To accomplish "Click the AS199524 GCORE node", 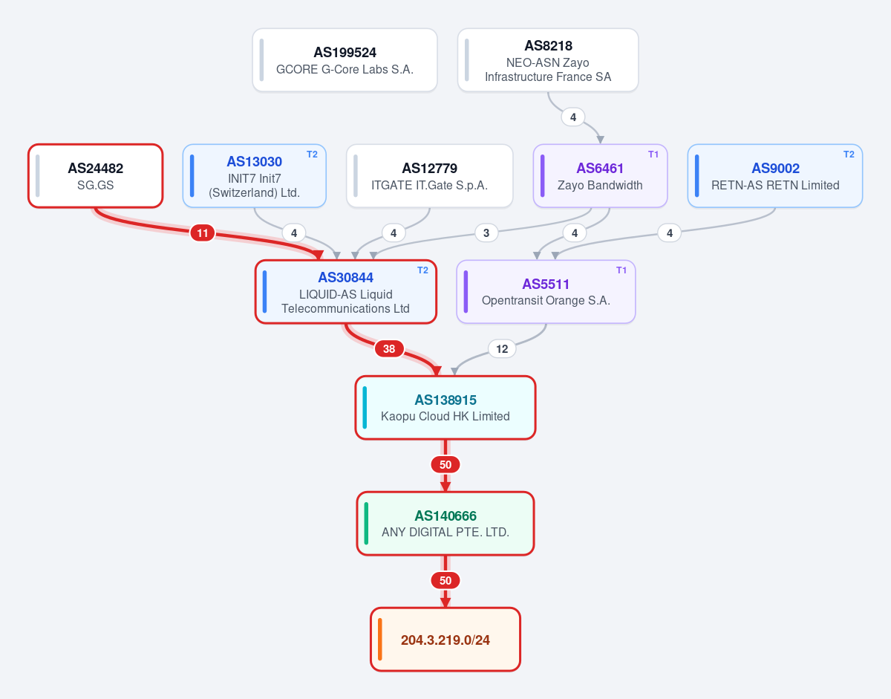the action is (345, 60).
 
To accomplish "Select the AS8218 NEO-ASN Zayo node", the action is (548, 60).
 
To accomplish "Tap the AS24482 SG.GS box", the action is (96, 176).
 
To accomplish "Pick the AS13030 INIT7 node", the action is (254, 176).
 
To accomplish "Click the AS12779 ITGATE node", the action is (429, 176).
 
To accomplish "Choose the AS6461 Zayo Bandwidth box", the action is (600, 176).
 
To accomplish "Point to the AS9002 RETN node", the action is (775, 176).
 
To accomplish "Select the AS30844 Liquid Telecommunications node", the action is (346, 292).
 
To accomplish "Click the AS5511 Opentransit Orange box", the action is (546, 292).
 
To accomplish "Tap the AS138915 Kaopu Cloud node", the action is (446, 408).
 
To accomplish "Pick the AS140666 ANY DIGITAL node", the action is (446, 524).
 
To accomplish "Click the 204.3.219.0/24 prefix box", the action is (446, 640).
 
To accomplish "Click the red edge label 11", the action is (202, 233).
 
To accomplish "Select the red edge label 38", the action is (389, 349).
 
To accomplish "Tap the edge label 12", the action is (502, 349).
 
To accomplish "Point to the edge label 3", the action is (486, 233).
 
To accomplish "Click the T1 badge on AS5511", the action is (621, 270).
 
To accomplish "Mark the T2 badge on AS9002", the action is (849, 155).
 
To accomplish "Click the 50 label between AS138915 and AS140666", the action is (446, 465).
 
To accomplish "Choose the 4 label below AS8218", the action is (573, 117).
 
